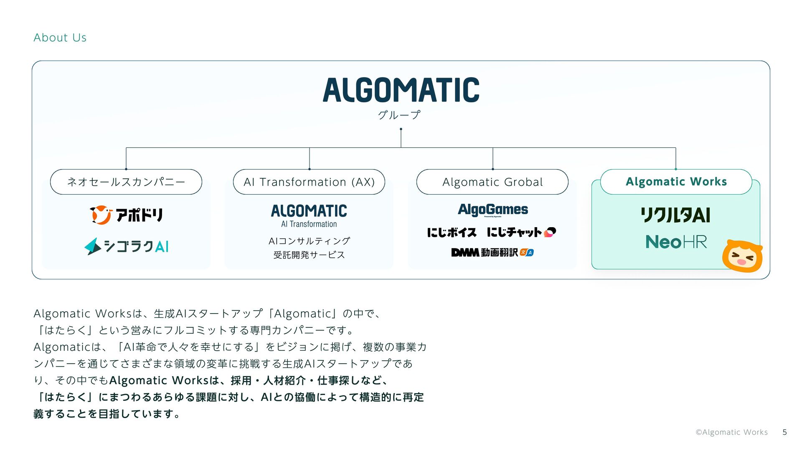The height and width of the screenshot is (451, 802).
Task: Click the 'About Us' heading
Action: pos(60,38)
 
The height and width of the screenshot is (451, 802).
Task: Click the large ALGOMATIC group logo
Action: pos(401,90)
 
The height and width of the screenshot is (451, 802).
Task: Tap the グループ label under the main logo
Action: pos(399,115)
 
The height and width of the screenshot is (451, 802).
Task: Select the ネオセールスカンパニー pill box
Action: pos(126,182)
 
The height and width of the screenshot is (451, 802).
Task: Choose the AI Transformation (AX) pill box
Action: pos(309,182)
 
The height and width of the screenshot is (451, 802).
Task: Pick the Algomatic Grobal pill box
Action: pos(492,182)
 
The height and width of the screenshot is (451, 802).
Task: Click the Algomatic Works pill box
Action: pos(676,182)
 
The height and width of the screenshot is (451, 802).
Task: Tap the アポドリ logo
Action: pos(126,215)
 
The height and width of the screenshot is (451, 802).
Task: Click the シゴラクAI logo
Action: pos(126,246)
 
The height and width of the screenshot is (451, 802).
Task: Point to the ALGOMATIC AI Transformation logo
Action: pos(309,215)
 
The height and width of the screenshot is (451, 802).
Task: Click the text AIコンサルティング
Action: pos(309,241)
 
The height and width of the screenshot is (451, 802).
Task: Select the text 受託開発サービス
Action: pos(309,255)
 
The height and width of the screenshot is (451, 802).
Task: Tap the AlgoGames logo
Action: pos(493,210)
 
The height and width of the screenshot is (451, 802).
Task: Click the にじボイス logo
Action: pos(452,232)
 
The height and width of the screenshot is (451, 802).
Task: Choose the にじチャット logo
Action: pos(521,232)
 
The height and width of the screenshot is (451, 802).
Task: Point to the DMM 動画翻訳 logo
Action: pos(492,252)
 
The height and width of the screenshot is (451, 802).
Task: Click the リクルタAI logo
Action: pos(675,215)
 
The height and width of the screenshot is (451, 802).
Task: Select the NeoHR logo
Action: pos(676,242)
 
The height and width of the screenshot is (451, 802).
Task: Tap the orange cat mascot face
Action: pos(742,256)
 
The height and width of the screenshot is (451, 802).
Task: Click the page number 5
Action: pos(784,432)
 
